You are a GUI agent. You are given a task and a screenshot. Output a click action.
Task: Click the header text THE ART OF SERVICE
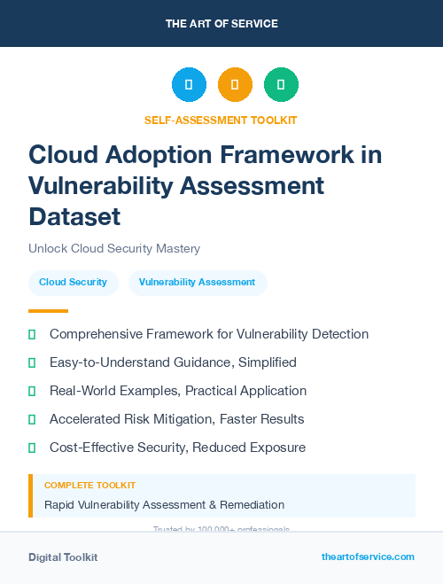pyautogui.click(x=221, y=24)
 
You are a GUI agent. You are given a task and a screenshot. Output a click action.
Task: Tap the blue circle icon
pyautogui.click(x=189, y=85)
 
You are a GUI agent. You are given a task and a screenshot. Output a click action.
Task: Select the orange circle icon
pyautogui.click(x=235, y=85)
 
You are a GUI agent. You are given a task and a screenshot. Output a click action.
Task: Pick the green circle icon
pyautogui.click(x=281, y=85)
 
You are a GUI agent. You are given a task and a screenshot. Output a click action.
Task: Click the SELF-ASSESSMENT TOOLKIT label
pyautogui.click(x=221, y=120)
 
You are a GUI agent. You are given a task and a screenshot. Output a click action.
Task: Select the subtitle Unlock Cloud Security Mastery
pyautogui.click(x=114, y=249)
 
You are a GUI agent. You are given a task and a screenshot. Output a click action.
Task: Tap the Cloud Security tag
pyautogui.click(x=73, y=282)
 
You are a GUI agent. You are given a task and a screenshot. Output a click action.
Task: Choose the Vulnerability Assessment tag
pyautogui.click(x=197, y=282)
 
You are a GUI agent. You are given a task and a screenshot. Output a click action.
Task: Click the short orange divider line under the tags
pyautogui.click(x=48, y=311)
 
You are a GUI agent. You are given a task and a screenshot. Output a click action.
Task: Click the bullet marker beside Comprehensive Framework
pyautogui.click(x=32, y=334)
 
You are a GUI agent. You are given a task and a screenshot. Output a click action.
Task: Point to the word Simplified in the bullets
pyautogui.click(x=262, y=362)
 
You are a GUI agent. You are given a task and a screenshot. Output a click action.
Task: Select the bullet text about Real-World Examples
pyautogui.click(x=178, y=391)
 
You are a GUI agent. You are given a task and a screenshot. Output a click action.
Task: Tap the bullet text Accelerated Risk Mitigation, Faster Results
pyautogui.click(x=176, y=419)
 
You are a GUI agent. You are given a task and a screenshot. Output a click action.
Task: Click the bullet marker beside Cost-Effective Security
pyautogui.click(x=32, y=448)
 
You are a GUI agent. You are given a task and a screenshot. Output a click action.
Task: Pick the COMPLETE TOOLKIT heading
pyautogui.click(x=89, y=486)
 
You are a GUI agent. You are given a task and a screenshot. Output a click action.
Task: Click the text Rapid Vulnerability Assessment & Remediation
pyautogui.click(x=164, y=505)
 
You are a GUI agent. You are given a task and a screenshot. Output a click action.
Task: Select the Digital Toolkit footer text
pyautogui.click(x=63, y=557)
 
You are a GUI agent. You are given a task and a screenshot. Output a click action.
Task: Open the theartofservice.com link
pyautogui.click(x=368, y=557)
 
